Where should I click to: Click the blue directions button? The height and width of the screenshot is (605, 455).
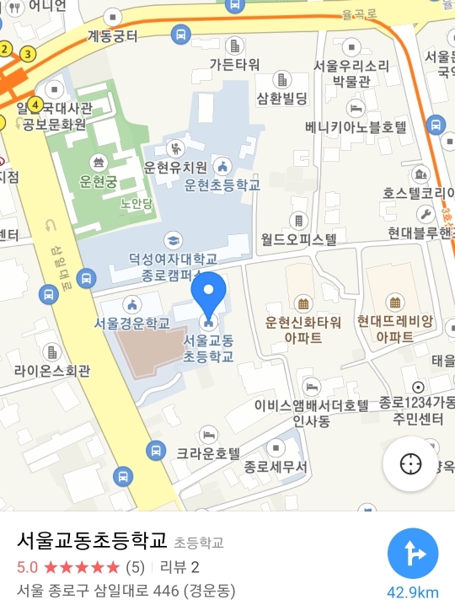(x=413, y=554)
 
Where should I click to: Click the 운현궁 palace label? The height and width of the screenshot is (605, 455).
(x=99, y=180)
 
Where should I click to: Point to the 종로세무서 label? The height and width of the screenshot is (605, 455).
(x=276, y=466)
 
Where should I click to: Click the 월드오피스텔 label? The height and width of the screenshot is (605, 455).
(x=299, y=239)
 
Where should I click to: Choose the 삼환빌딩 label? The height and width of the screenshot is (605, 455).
(x=282, y=99)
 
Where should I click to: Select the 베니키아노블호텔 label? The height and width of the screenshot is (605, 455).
(x=356, y=127)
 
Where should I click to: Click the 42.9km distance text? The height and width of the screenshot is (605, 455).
(x=413, y=592)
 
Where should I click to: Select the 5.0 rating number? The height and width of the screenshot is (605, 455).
(x=27, y=566)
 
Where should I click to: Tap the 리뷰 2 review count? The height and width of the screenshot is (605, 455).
(x=179, y=566)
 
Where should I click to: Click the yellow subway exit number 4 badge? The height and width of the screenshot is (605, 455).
(x=35, y=104)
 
